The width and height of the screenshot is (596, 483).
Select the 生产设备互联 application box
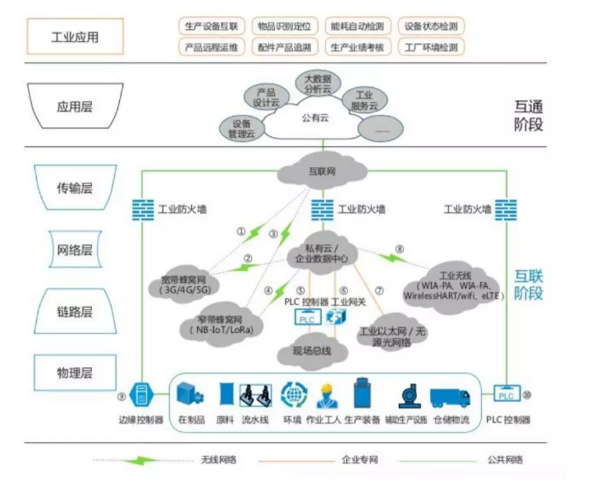coord(211,26)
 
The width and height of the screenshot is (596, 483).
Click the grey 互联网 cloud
coord(316,173)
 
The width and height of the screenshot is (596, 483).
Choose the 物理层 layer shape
coord(75,374)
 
